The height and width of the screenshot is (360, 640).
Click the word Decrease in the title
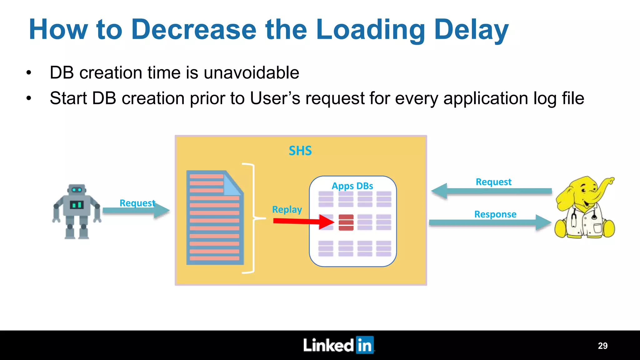tap(194, 30)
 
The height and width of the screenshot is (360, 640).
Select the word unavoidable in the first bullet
tap(251, 73)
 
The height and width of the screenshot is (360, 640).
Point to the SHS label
tap(300, 151)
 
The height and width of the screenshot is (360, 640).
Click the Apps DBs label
tap(352, 186)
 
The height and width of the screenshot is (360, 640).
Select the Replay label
tap(287, 209)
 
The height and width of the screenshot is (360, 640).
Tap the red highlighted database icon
tap(346, 222)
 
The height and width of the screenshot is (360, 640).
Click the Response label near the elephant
tap(495, 214)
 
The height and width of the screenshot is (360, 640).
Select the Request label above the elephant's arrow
tap(493, 182)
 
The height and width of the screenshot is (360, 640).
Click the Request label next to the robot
tap(137, 203)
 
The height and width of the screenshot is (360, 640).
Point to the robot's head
tap(77, 189)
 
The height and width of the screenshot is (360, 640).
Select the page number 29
tap(602, 346)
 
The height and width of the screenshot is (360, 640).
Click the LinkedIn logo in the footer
tap(338, 345)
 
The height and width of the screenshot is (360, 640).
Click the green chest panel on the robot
tap(77, 205)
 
